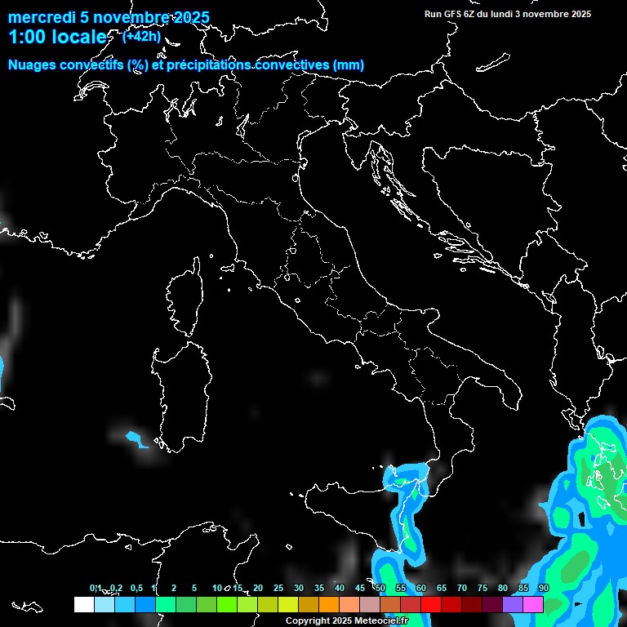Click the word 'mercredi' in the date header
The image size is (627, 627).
pyautogui.click(x=41, y=18)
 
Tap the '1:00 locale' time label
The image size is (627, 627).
pyautogui.click(x=57, y=38)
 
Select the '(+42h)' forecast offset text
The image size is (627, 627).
pyautogui.click(x=141, y=36)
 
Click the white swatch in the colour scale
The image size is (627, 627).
pyautogui.click(x=83, y=605)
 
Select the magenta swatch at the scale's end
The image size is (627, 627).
pyautogui.click(x=533, y=605)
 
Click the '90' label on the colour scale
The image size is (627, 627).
pyautogui.click(x=544, y=589)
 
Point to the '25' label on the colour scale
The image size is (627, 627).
pyautogui.click(x=278, y=589)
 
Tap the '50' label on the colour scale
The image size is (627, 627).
pyautogui.click(x=380, y=589)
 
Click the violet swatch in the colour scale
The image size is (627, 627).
pyautogui.click(x=513, y=605)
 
